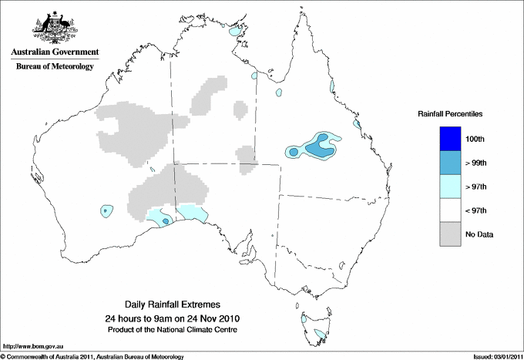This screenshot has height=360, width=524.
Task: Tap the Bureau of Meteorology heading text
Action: tap(54, 66)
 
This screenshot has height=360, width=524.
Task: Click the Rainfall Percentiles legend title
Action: tap(450, 113)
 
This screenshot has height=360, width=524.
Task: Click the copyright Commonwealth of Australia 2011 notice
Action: tap(92, 356)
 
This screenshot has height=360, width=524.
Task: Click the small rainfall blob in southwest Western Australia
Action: tap(106, 210)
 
